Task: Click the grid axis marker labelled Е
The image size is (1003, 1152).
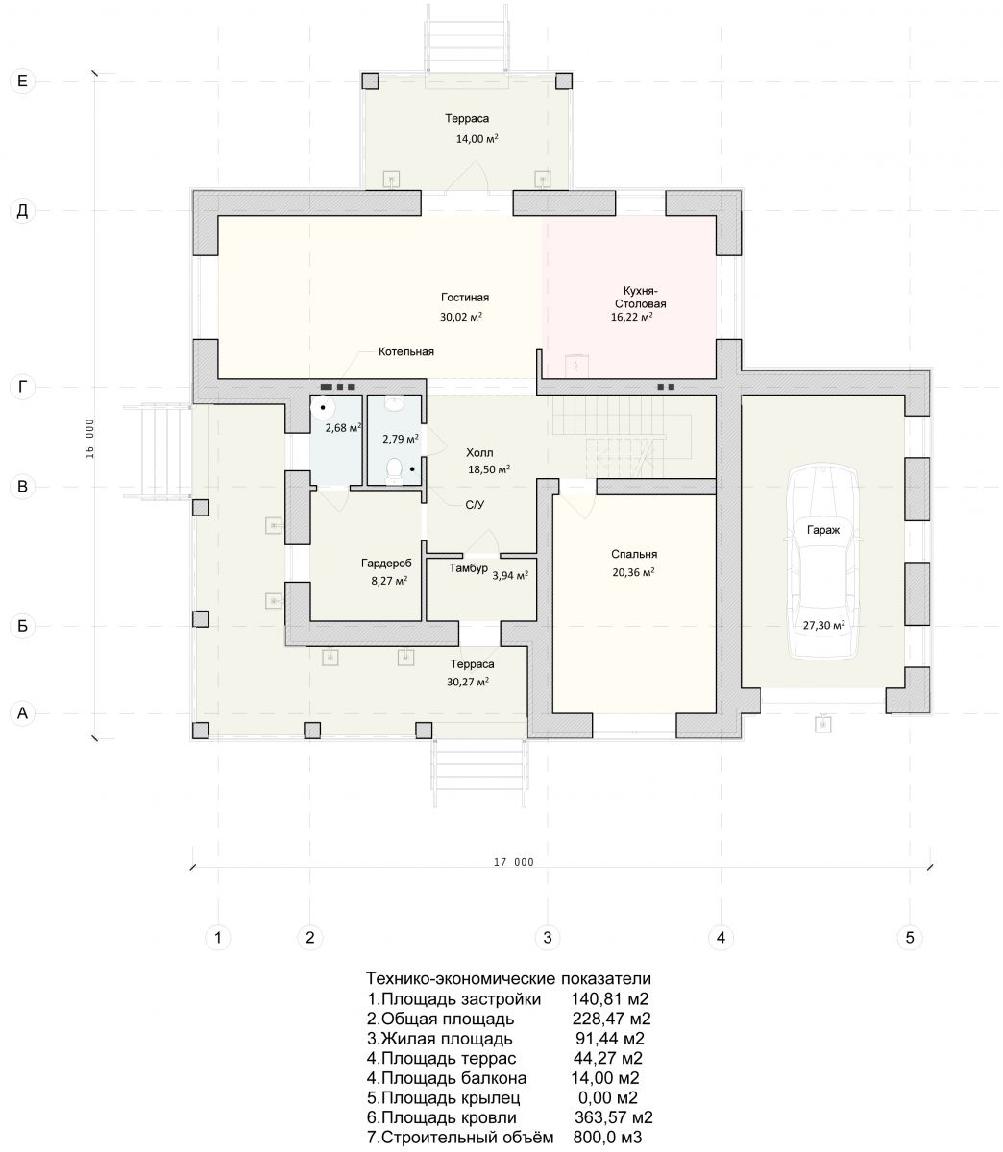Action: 22,81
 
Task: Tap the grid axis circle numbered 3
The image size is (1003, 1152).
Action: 548,938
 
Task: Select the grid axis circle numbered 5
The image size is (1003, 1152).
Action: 910,938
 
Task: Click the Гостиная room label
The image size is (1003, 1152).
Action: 465,298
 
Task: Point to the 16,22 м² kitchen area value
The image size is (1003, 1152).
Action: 631,317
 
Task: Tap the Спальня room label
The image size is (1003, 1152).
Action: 634,554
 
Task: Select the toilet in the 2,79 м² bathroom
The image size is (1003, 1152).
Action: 394,471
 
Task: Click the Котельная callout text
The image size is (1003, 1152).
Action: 406,352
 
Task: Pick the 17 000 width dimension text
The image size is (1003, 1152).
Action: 513,862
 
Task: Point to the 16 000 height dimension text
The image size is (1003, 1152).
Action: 90,439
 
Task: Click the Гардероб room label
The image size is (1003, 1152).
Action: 386,564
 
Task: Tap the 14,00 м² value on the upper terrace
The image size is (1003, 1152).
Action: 477,139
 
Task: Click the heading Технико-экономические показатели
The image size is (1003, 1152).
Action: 508,978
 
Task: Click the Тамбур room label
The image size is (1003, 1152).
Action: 468,568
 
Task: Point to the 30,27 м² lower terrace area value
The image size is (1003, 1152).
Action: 468,682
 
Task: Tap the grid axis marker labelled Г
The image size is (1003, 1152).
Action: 22,388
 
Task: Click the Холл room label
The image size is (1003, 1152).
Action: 479,453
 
